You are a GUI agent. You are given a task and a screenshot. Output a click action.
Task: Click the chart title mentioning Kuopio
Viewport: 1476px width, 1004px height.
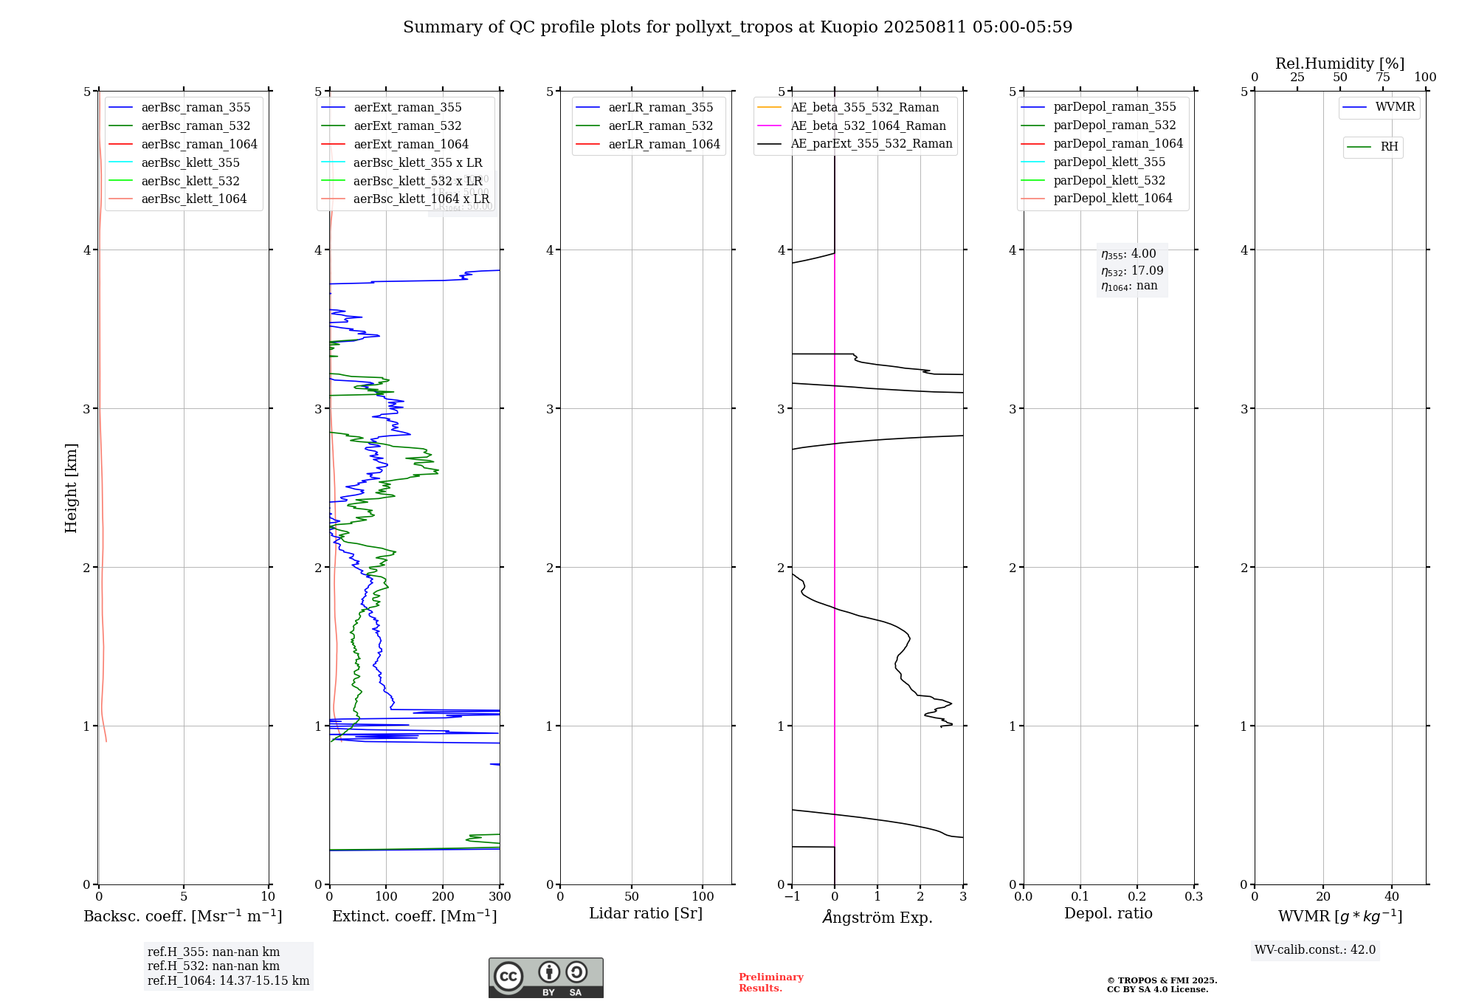(737, 27)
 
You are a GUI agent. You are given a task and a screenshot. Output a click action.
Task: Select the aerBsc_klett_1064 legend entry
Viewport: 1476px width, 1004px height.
(193, 199)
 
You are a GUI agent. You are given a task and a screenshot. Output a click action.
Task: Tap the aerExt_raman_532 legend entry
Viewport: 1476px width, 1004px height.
(407, 126)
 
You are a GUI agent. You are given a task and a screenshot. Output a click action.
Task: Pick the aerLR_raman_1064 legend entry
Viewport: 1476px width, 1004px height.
(663, 145)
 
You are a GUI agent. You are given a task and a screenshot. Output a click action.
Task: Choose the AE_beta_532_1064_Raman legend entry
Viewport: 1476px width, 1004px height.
(868, 126)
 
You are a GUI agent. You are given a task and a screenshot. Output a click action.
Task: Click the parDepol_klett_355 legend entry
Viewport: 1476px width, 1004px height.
(1109, 162)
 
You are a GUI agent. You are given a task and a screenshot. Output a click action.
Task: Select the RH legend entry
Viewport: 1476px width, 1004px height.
(1389, 147)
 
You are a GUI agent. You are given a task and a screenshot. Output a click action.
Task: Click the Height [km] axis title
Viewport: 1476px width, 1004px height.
(71, 488)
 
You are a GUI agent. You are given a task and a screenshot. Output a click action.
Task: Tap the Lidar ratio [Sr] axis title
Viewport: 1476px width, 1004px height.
(646, 913)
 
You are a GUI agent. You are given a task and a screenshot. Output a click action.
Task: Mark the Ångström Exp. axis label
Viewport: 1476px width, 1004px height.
(877, 917)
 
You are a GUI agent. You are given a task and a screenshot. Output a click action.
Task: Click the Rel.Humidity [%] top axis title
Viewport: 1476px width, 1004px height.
(1339, 63)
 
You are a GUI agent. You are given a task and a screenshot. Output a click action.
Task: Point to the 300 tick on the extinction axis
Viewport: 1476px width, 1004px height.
(500, 897)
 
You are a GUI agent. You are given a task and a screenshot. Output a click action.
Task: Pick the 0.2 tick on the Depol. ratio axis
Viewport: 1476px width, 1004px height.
(1137, 897)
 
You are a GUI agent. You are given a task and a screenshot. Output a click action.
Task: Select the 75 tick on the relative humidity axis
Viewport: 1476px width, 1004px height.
(1382, 78)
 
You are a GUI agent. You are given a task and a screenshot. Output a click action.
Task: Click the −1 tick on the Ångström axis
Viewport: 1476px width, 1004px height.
(791, 897)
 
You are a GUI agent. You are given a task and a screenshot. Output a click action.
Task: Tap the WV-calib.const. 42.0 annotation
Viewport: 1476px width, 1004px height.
(1315, 950)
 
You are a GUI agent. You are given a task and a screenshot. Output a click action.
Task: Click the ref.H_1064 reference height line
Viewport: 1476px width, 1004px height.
(228, 981)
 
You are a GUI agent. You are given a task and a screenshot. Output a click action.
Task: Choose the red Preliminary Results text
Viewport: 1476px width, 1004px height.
(770, 983)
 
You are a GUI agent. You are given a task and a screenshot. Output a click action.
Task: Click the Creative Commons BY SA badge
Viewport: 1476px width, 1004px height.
(545, 978)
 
